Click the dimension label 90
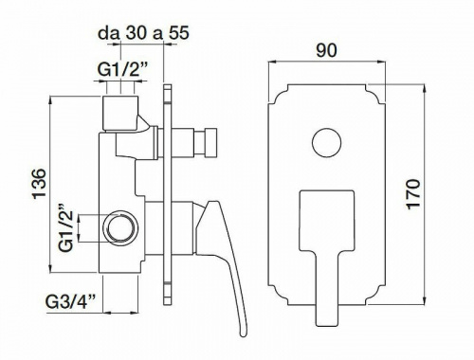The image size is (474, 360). coord(326,50)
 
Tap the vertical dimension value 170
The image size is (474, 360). coord(413,193)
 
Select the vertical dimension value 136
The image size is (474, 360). coord(40,184)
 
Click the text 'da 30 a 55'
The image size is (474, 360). coord(143,32)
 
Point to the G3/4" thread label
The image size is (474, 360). coord(71,302)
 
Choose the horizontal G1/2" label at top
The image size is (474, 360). coord(123,70)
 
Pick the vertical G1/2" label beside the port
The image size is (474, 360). coord(65,227)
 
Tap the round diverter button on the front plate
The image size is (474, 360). coord(326,142)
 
